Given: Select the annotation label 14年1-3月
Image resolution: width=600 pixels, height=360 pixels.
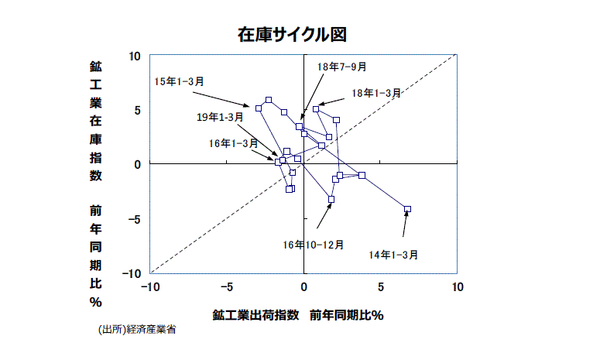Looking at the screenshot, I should [393, 255].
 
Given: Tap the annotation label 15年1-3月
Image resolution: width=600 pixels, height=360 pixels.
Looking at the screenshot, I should [179, 81].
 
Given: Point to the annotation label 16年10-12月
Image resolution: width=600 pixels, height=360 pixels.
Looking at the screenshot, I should [314, 245].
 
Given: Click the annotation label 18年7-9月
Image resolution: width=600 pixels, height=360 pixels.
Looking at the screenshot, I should [342, 67].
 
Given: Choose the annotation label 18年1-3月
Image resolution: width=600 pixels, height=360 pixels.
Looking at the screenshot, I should [376, 93].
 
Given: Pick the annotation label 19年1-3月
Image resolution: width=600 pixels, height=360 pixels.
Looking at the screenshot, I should [220, 118].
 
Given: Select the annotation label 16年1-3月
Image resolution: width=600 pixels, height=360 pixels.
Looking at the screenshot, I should [233, 143].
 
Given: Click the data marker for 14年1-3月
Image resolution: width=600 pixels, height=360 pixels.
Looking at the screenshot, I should [407, 209].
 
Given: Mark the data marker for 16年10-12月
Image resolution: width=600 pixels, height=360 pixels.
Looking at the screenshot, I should [331, 200].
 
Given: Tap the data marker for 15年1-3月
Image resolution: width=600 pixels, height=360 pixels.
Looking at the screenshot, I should [259, 108].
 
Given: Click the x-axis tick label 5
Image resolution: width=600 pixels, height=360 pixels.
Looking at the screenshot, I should [380, 287].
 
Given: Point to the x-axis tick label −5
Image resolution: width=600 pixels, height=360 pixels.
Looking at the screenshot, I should [225, 287].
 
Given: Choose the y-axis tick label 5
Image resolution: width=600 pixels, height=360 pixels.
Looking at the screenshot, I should [138, 110].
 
